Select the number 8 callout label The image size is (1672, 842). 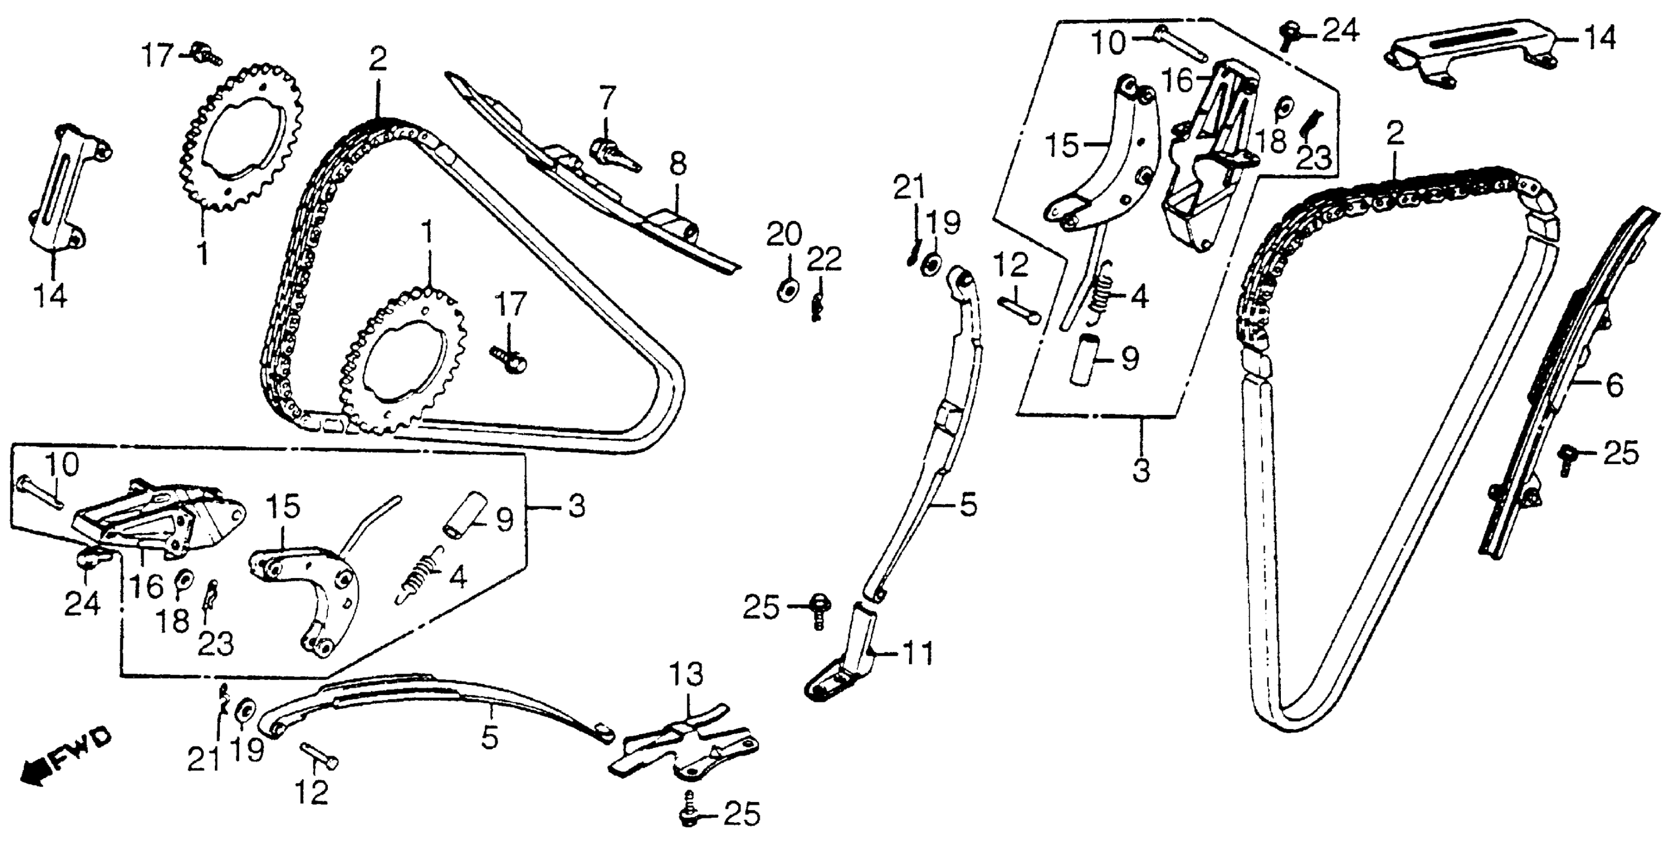tap(678, 165)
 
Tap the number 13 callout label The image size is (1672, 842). tap(687, 675)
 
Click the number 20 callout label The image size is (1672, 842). tap(784, 234)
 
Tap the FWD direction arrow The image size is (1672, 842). tap(62, 760)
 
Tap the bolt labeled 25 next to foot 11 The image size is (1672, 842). tap(818, 611)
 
